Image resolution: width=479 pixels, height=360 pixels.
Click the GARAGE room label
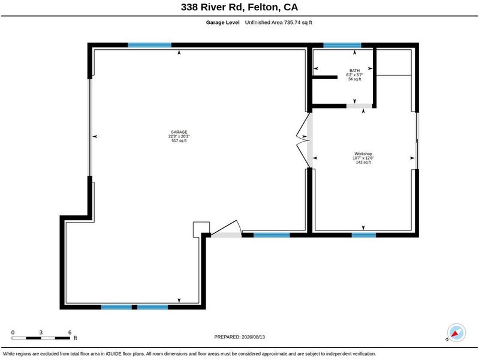[179, 132]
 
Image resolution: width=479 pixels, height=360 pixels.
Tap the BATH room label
[355, 71]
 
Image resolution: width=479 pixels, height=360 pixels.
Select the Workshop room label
[363, 154]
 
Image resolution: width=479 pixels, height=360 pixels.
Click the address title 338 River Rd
[212, 7]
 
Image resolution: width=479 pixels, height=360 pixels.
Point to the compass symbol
[456, 332]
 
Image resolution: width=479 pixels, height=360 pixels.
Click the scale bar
[41, 338]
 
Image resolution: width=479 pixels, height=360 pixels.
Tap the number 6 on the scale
[70, 332]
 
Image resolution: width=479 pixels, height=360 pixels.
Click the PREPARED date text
[240, 337]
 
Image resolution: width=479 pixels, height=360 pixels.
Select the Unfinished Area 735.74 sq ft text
[278, 22]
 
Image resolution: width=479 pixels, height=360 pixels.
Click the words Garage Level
[222, 22]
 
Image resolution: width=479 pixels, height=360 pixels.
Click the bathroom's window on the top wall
[342, 45]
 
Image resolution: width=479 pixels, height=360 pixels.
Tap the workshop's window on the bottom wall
[363, 235]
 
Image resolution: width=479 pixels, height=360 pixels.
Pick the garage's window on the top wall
[149, 45]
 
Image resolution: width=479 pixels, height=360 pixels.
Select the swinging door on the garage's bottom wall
[227, 229]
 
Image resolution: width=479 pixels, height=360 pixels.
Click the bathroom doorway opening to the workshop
[359, 106]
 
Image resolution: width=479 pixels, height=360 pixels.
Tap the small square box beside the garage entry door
[201, 229]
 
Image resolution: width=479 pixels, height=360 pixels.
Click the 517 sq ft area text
[179, 140]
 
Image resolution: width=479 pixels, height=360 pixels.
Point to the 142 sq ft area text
[363, 163]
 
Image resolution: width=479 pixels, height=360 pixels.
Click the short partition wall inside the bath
[325, 77]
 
